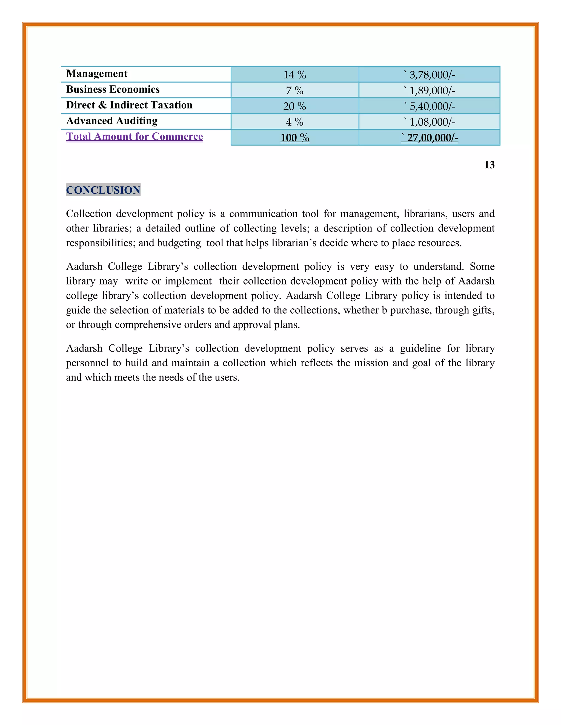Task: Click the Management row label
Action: click(x=97, y=74)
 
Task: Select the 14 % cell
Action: click(x=294, y=75)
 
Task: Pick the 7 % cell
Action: click(x=294, y=90)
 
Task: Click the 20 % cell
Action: click(x=294, y=106)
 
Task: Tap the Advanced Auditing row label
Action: click(x=112, y=121)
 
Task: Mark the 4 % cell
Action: click(x=294, y=122)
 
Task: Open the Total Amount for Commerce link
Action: click(x=134, y=137)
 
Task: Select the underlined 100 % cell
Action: click(x=294, y=137)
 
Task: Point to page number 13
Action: click(x=489, y=165)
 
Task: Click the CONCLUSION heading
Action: click(x=103, y=190)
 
